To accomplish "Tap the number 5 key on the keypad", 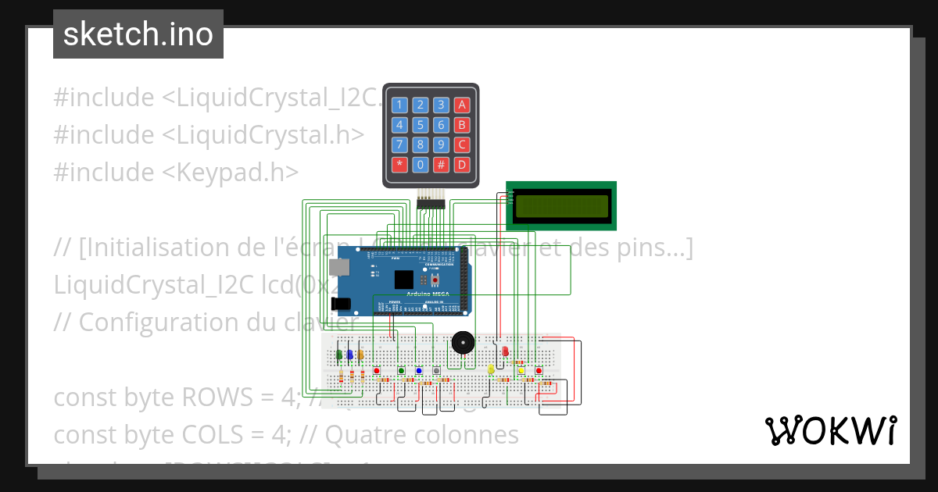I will click(421, 124).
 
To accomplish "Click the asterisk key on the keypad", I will click(399, 165).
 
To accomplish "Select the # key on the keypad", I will click(441, 165).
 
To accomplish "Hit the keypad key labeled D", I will click(462, 165).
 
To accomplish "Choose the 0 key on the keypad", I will click(421, 165).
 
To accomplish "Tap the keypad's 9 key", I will click(441, 144).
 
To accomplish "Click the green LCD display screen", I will click(561, 205).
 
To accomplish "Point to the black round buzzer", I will click(463, 342).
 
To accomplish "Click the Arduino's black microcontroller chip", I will click(403, 280).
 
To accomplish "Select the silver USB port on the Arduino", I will click(339, 267).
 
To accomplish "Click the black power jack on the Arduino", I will click(340, 303).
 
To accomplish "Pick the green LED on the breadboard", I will click(339, 355).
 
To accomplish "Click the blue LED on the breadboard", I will click(350, 355).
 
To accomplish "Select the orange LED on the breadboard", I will click(361, 355).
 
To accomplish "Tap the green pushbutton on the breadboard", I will click(401, 370).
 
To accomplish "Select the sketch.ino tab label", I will click(138, 34).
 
